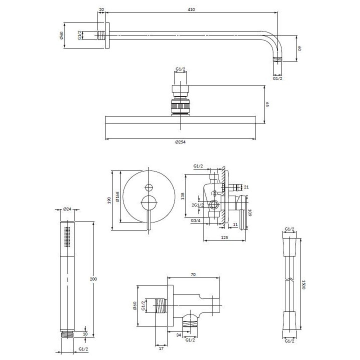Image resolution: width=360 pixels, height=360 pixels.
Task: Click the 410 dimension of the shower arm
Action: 191,9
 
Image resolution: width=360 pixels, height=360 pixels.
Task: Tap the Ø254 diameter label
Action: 180,142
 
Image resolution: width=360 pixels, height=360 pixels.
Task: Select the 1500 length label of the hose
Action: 303,284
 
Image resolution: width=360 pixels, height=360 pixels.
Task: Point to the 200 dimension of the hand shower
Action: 93,279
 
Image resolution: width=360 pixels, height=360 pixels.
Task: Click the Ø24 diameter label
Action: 67,209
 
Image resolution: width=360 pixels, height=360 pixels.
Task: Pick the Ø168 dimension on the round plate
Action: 117,197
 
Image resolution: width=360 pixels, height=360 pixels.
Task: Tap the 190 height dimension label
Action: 109,200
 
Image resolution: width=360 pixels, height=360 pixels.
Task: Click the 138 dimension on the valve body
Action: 183,196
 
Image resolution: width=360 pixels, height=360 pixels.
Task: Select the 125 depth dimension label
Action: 224,237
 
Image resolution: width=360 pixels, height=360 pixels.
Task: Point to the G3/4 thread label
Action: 195,220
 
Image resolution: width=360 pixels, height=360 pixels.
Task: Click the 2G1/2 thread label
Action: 197,205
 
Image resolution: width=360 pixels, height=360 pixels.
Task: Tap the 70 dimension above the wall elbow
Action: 193,274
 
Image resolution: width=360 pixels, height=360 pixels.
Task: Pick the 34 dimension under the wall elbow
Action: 179,335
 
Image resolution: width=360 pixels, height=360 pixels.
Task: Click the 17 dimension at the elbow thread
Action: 161,348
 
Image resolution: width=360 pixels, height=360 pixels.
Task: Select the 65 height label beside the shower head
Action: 267,104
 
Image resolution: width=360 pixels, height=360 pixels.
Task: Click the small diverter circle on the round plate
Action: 149,187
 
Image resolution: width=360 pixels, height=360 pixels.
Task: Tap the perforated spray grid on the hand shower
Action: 67,237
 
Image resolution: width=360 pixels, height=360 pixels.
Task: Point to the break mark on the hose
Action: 289,280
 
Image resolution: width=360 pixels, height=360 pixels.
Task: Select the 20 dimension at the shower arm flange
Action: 101,9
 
